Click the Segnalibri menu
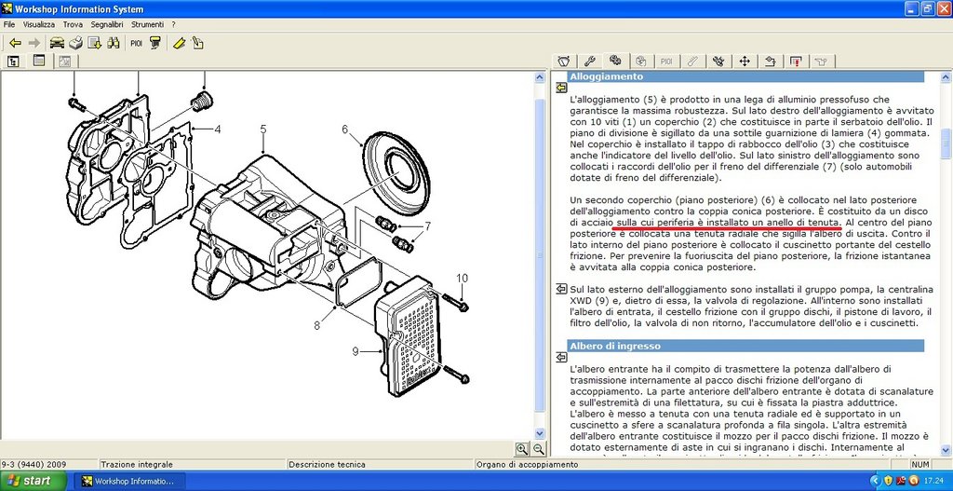(107, 25)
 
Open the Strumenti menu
(147, 25)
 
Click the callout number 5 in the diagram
(263, 129)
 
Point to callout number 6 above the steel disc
(344, 129)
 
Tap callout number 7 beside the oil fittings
(428, 226)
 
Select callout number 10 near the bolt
(462, 278)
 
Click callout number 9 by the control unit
(356, 350)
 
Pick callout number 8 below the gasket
(316, 325)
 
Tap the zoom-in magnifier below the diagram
(521, 449)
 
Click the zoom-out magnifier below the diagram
(539, 449)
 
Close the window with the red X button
(943, 8)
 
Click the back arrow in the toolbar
(15, 43)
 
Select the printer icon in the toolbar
(75, 43)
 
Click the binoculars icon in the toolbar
(113, 43)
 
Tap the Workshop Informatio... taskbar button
(128, 481)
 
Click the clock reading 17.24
(933, 481)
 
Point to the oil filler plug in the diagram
(201, 102)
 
